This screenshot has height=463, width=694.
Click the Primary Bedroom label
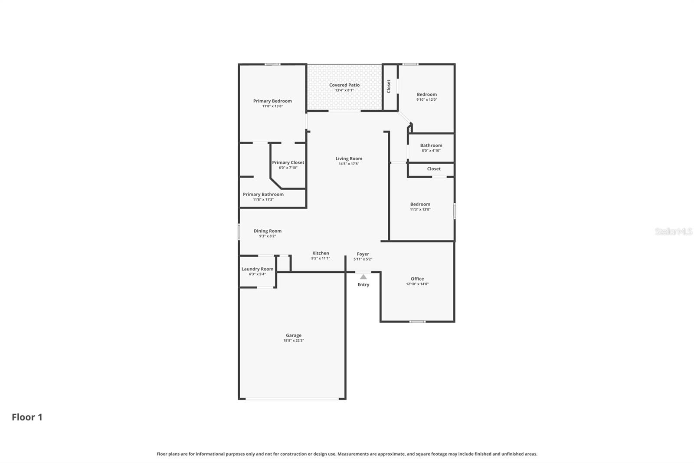272,101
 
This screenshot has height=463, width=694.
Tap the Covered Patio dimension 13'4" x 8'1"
344,90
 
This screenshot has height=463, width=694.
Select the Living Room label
349,159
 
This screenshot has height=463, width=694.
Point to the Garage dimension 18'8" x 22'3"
294,341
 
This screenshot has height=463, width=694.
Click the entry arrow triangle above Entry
363,277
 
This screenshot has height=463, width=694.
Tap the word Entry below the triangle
363,284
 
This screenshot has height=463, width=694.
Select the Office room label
417,279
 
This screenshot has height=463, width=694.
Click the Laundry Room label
257,269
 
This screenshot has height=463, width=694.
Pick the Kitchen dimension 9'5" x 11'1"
321,258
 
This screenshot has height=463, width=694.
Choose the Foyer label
363,254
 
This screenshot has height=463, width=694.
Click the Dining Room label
268,231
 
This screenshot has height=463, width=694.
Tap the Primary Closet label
288,162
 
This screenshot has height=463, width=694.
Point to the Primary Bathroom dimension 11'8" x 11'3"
263,199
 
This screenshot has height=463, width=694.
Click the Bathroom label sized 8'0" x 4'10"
431,146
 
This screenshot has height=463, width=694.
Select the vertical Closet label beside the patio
389,86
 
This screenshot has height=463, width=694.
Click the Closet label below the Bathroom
434,169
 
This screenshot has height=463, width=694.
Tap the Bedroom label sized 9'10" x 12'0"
427,94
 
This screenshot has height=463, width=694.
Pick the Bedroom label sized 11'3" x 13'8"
420,204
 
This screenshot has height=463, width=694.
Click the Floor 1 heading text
27,417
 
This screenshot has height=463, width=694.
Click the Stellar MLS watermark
673,231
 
